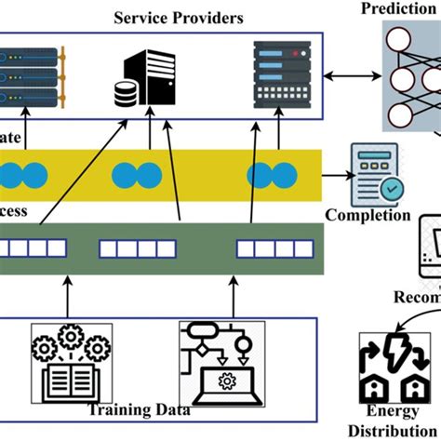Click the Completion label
(x=367, y=215)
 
